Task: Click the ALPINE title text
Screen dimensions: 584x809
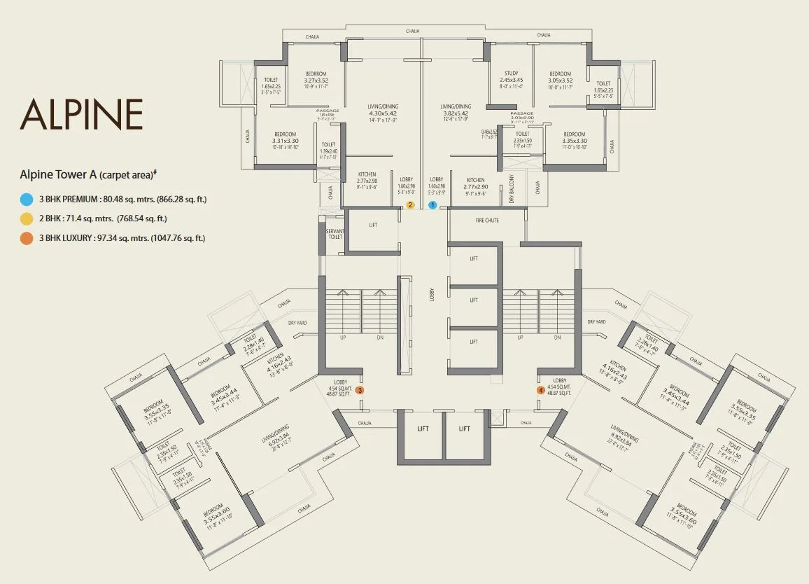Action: click(x=82, y=115)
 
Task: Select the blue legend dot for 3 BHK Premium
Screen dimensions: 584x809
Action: click(x=27, y=200)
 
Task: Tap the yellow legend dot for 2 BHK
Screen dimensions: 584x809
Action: click(x=27, y=219)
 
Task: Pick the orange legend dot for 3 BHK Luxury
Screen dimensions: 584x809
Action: click(x=27, y=239)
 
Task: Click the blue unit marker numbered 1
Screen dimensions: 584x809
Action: click(x=432, y=205)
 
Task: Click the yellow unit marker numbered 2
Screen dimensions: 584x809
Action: click(x=411, y=205)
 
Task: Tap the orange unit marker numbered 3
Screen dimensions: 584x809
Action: click(x=360, y=390)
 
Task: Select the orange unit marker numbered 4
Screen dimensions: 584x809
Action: click(x=540, y=390)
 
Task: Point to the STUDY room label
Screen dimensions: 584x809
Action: click(x=511, y=74)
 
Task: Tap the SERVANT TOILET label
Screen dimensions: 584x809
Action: click(x=335, y=233)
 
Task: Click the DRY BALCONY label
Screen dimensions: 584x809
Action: click(x=512, y=188)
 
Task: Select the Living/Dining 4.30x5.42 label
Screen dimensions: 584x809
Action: click(x=382, y=112)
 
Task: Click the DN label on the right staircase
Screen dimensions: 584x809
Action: click(x=558, y=338)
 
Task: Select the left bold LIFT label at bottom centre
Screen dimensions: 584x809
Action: click(x=423, y=429)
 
